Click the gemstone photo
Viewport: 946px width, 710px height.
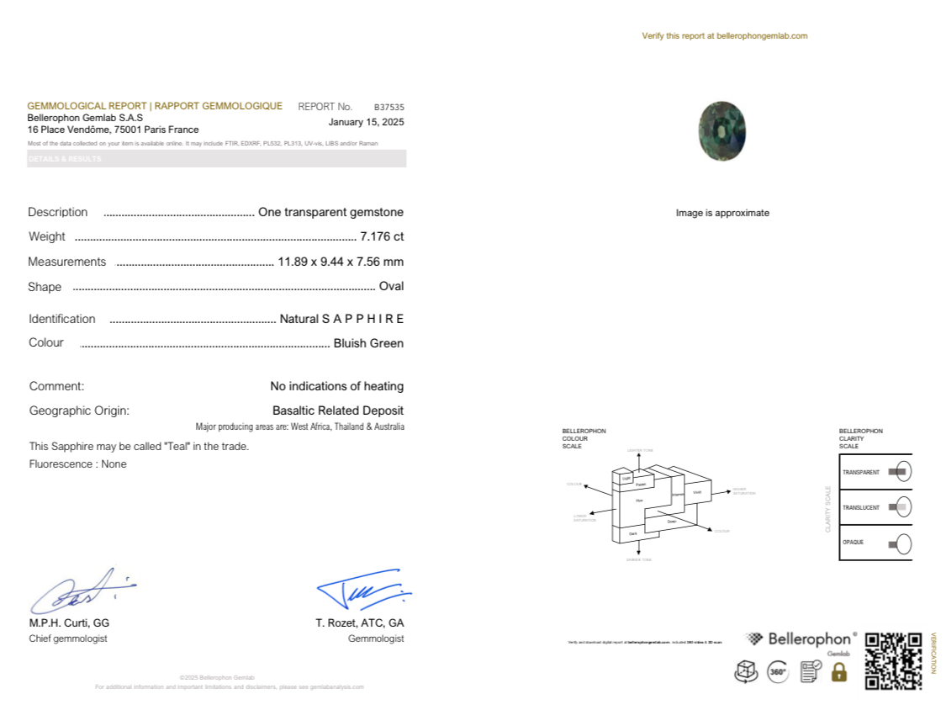point(721,131)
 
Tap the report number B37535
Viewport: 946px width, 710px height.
point(389,108)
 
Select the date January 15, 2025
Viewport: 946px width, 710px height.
point(366,122)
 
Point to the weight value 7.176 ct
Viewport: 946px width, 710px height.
point(382,236)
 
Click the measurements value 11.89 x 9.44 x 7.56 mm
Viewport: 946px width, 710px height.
point(341,262)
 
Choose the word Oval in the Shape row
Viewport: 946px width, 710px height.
point(391,286)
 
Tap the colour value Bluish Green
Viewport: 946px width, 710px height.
point(368,343)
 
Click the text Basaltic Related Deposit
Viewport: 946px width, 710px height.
point(338,411)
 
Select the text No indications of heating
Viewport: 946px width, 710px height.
point(336,386)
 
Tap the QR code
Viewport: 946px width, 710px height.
point(893,660)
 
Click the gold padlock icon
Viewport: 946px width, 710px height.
point(838,671)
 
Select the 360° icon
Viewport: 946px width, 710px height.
point(778,671)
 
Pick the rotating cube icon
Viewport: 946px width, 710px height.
point(746,671)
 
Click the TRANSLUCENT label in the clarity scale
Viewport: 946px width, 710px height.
point(861,507)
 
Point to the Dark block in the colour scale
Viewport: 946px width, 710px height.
point(632,534)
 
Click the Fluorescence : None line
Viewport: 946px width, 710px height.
point(78,464)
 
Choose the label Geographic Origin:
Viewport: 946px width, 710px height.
point(79,411)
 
